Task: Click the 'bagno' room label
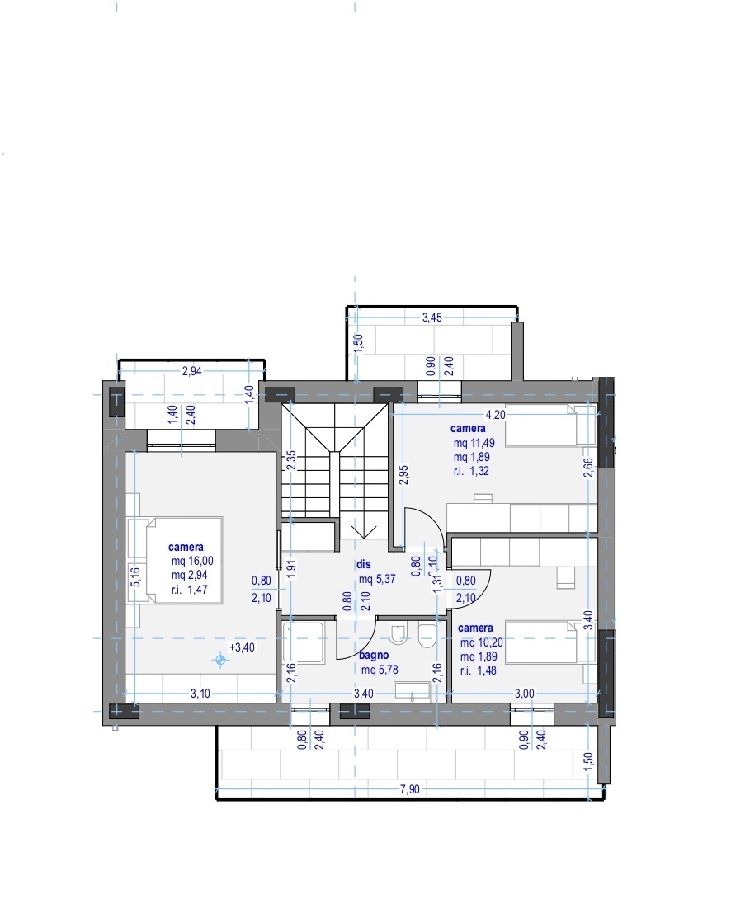[x=374, y=655]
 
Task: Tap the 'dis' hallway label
[x=364, y=564]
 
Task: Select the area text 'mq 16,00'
[x=192, y=561]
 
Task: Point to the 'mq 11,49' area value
[x=474, y=443]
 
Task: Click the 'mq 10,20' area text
[x=482, y=642]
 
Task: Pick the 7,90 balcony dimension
[x=410, y=789]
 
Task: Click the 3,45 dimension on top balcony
[x=432, y=318]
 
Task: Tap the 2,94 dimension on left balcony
[x=192, y=371]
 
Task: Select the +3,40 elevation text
[x=242, y=647]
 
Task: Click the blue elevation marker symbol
[x=220, y=661]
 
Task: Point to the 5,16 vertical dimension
[x=136, y=576]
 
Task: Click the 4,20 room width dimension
[x=496, y=415]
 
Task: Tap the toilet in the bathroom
[x=399, y=634]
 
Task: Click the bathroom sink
[x=413, y=692]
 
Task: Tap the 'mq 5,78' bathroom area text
[x=380, y=670]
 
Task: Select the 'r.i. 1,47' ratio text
[x=190, y=589]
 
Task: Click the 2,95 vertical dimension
[x=403, y=475]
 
